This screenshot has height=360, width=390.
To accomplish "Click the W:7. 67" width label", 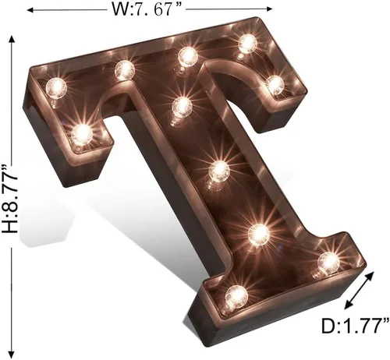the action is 146,9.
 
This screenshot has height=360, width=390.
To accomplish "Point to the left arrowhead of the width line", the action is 30,10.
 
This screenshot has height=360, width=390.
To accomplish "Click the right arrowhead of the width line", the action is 269,9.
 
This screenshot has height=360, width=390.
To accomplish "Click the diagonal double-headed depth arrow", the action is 359,291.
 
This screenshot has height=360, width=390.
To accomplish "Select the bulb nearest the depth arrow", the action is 328,262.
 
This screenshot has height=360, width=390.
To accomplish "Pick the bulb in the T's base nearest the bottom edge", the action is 236,296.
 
